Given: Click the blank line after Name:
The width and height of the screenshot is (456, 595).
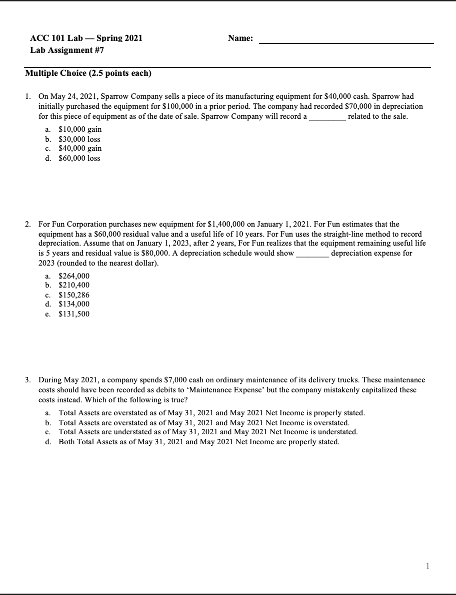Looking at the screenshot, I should [346, 40].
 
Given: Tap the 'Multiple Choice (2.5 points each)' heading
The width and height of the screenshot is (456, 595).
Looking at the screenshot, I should [88, 73].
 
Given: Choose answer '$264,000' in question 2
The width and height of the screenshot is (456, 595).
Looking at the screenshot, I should [74, 276].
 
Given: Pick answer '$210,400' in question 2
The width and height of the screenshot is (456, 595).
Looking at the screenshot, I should [74, 285].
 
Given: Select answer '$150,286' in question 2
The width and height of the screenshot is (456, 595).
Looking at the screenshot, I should [74, 295].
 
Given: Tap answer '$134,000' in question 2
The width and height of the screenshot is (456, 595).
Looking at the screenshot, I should [74, 304].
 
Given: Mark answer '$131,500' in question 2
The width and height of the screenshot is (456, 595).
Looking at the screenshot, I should [74, 314].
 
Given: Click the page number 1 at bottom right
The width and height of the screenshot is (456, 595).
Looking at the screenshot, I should [426, 566].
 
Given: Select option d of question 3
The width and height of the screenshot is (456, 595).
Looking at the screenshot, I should [198, 442].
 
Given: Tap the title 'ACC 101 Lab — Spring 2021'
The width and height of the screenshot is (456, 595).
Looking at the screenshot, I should [86, 38].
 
